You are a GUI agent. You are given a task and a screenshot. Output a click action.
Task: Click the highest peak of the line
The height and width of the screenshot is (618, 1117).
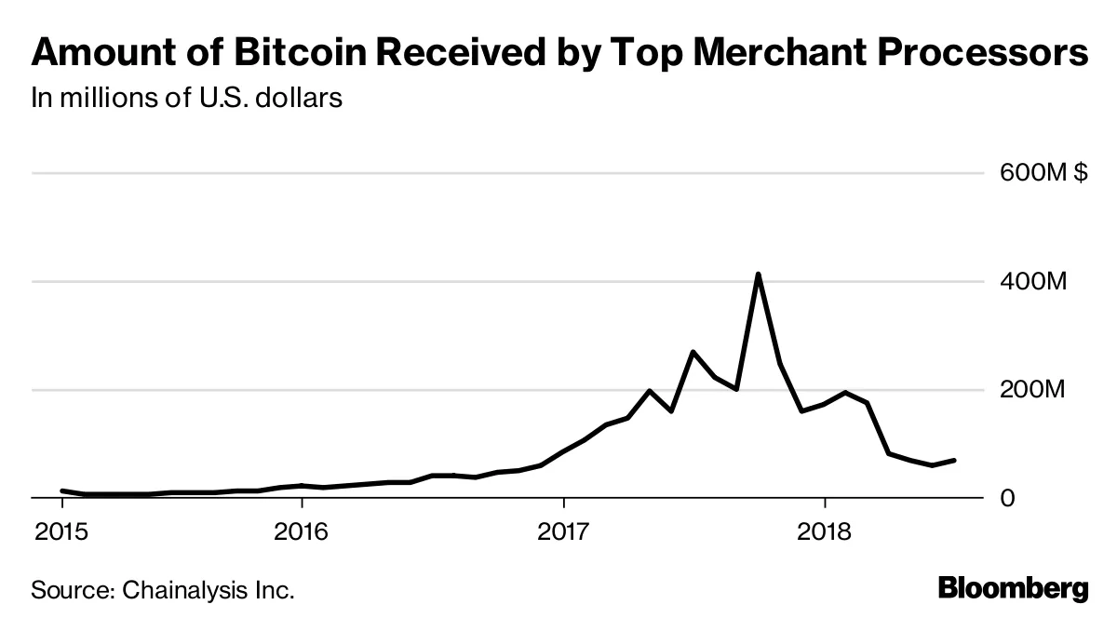pos(759,275)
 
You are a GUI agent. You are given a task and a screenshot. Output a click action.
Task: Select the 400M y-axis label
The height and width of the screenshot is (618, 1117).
pos(1033,282)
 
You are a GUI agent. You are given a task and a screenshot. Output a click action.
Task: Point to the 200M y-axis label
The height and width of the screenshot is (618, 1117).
pos(1033,390)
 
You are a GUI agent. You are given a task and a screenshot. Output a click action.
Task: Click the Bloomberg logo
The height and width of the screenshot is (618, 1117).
pos(1013,589)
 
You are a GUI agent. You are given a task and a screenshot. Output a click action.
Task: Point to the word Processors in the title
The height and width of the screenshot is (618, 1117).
pos(988,53)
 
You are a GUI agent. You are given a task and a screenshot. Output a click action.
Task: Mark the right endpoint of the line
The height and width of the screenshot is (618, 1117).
pos(954,460)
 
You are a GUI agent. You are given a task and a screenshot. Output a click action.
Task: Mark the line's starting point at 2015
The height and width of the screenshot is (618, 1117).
pos(61,490)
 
